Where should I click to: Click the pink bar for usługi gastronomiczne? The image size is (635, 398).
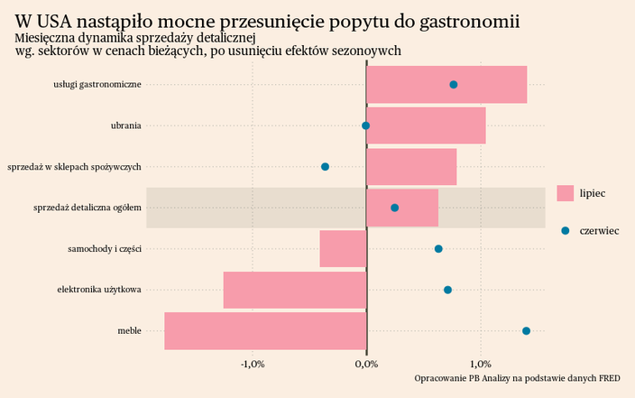click(446, 85)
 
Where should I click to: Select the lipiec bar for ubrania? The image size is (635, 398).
click(426, 125)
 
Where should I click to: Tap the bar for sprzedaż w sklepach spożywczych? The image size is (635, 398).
click(411, 167)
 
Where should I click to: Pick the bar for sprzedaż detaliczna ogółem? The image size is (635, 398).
click(402, 208)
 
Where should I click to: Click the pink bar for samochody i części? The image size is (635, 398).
click(343, 249)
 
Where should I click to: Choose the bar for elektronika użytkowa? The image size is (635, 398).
click(295, 290)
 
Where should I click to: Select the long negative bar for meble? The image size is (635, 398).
click(265, 330)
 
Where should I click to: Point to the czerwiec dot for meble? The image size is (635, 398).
click(526, 331)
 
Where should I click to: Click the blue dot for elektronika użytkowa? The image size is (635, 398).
click(447, 290)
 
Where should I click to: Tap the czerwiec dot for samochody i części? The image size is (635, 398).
click(438, 249)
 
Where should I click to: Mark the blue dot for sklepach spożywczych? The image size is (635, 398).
click(325, 167)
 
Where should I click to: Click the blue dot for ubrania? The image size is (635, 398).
click(365, 126)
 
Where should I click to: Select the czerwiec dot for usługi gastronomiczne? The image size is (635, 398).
click(453, 85)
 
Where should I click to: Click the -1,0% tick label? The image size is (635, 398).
click(252, 365)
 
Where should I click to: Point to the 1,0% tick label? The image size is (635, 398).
click(480, 365)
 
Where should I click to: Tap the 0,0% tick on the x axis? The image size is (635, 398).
click(366, 365)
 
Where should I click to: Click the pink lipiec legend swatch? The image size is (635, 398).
click(566, 193)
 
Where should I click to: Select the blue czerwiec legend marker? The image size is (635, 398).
click(566, 231)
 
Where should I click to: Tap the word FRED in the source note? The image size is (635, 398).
click(621, 378)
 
